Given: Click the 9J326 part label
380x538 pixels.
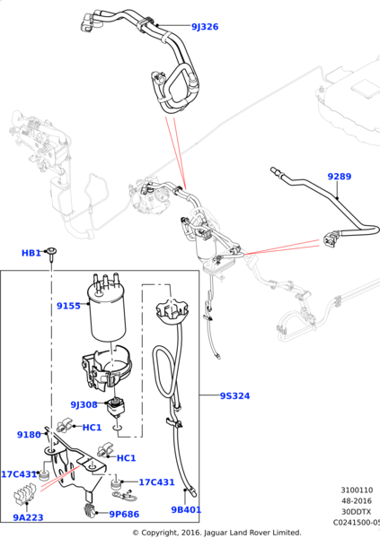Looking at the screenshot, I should (204, 27).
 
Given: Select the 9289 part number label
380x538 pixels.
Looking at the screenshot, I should (339, 177).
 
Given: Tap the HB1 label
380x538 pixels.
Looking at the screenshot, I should (31, 254).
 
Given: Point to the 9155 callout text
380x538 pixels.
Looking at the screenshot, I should (68, 306).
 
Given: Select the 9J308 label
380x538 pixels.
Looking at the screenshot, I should (84, 403).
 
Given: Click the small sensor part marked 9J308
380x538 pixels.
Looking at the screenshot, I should (117, 409).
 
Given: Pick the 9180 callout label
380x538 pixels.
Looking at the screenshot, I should (29, 434).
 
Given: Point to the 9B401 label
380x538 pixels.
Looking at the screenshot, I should (187, 510).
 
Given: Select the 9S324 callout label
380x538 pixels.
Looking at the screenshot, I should (237, 395).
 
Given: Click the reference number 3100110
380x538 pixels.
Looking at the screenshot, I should (357, 490).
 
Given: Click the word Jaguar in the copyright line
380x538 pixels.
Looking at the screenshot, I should (222, 533).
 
